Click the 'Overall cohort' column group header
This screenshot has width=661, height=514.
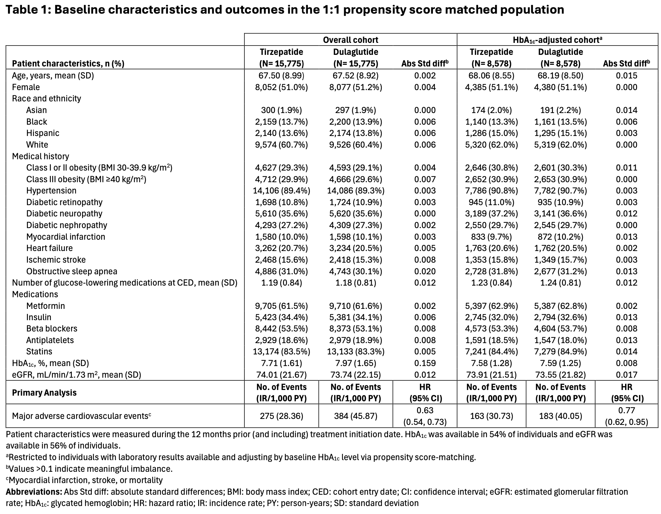(x=350, y=40)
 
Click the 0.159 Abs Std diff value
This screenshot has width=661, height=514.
(x=425, y=363)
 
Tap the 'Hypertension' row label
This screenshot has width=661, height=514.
(x=51, y=191)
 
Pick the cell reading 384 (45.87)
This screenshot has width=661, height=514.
(x=355, y=416)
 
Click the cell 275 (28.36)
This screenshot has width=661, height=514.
(x=281, y=416)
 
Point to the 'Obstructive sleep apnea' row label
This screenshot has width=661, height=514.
(x=71, y=271)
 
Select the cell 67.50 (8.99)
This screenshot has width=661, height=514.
(x=281, y=75)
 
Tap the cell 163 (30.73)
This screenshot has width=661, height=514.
(x=491, y=416)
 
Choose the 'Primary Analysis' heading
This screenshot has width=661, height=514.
(x=44, y=393)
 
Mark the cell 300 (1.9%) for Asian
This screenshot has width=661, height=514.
(x=281, y=110)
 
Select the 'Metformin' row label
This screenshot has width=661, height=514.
(x=46, y=306)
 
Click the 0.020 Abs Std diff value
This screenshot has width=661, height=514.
(x=425, y=271)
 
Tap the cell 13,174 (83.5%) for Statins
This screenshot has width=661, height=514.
(x=281, y=351)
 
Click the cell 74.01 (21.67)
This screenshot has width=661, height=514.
(x=281, y=375)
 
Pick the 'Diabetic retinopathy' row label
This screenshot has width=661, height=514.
(x=64, y=202)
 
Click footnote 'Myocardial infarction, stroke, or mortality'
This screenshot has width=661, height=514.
(x=85, y=480)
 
